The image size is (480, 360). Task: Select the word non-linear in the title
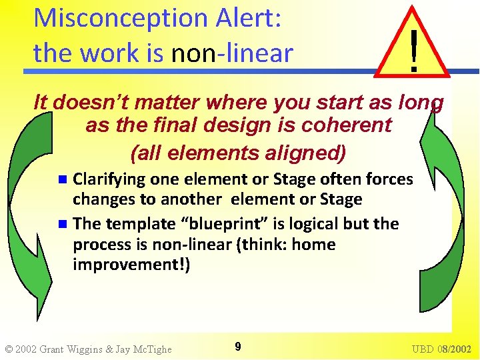click(x=232, y=53)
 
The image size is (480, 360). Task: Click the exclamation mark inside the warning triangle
click(x=414, y=49)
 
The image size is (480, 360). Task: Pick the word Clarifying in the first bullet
click(x=109, y=179)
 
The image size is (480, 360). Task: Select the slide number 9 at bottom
click(x=238, y=346)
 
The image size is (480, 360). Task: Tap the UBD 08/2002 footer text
click(x=441, y=349)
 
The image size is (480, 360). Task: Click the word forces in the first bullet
click(x=388, y=179)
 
